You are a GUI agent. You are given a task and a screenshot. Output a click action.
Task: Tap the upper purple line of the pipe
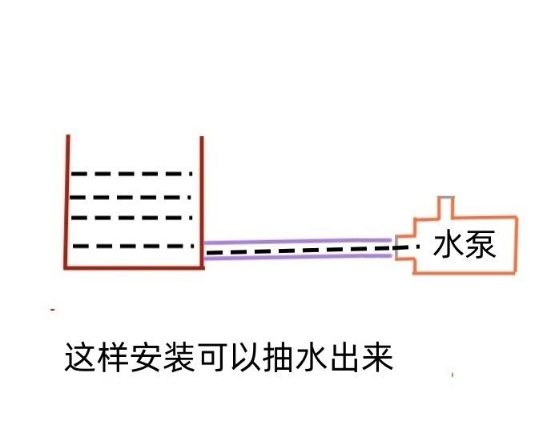[296, 240]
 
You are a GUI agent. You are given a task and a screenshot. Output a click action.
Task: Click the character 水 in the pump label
[449, 246]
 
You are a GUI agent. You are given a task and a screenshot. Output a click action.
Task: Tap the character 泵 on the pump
[481, 246]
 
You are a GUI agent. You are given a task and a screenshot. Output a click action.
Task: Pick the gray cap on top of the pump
[445, 198]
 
